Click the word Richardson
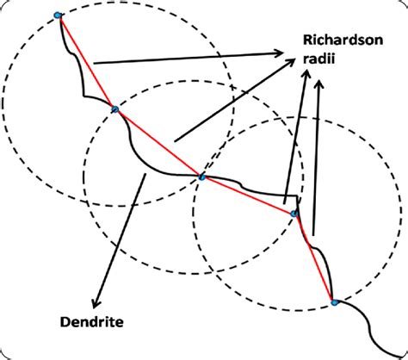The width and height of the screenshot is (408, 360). point(343,40)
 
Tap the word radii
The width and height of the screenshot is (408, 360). point(319,59)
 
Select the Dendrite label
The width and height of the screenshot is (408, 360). point(92,322)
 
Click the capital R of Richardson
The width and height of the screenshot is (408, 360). point(308,40)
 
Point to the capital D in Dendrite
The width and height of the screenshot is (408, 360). point(65,322)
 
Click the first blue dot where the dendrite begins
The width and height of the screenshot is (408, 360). point(58,16)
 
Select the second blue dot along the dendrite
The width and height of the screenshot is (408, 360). point(115,109)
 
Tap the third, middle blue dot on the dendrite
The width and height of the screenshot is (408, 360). point(202,177)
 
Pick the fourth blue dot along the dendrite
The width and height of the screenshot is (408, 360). point(294,214)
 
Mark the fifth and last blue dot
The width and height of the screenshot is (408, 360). point(334,302)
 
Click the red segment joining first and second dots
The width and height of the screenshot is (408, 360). point(86,62)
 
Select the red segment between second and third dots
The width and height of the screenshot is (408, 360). point(158,143)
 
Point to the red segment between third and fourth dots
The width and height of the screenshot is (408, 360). point(248,196)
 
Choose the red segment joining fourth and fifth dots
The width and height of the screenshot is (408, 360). point(314,258)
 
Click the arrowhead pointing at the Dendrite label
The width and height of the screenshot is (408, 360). point(96,303)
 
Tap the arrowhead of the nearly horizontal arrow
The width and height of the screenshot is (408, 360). point(278,53)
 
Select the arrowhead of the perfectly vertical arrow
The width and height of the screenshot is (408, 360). point(319,84)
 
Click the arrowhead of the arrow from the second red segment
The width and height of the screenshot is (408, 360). point(291,62)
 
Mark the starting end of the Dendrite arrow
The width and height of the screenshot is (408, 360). point(145,173)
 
